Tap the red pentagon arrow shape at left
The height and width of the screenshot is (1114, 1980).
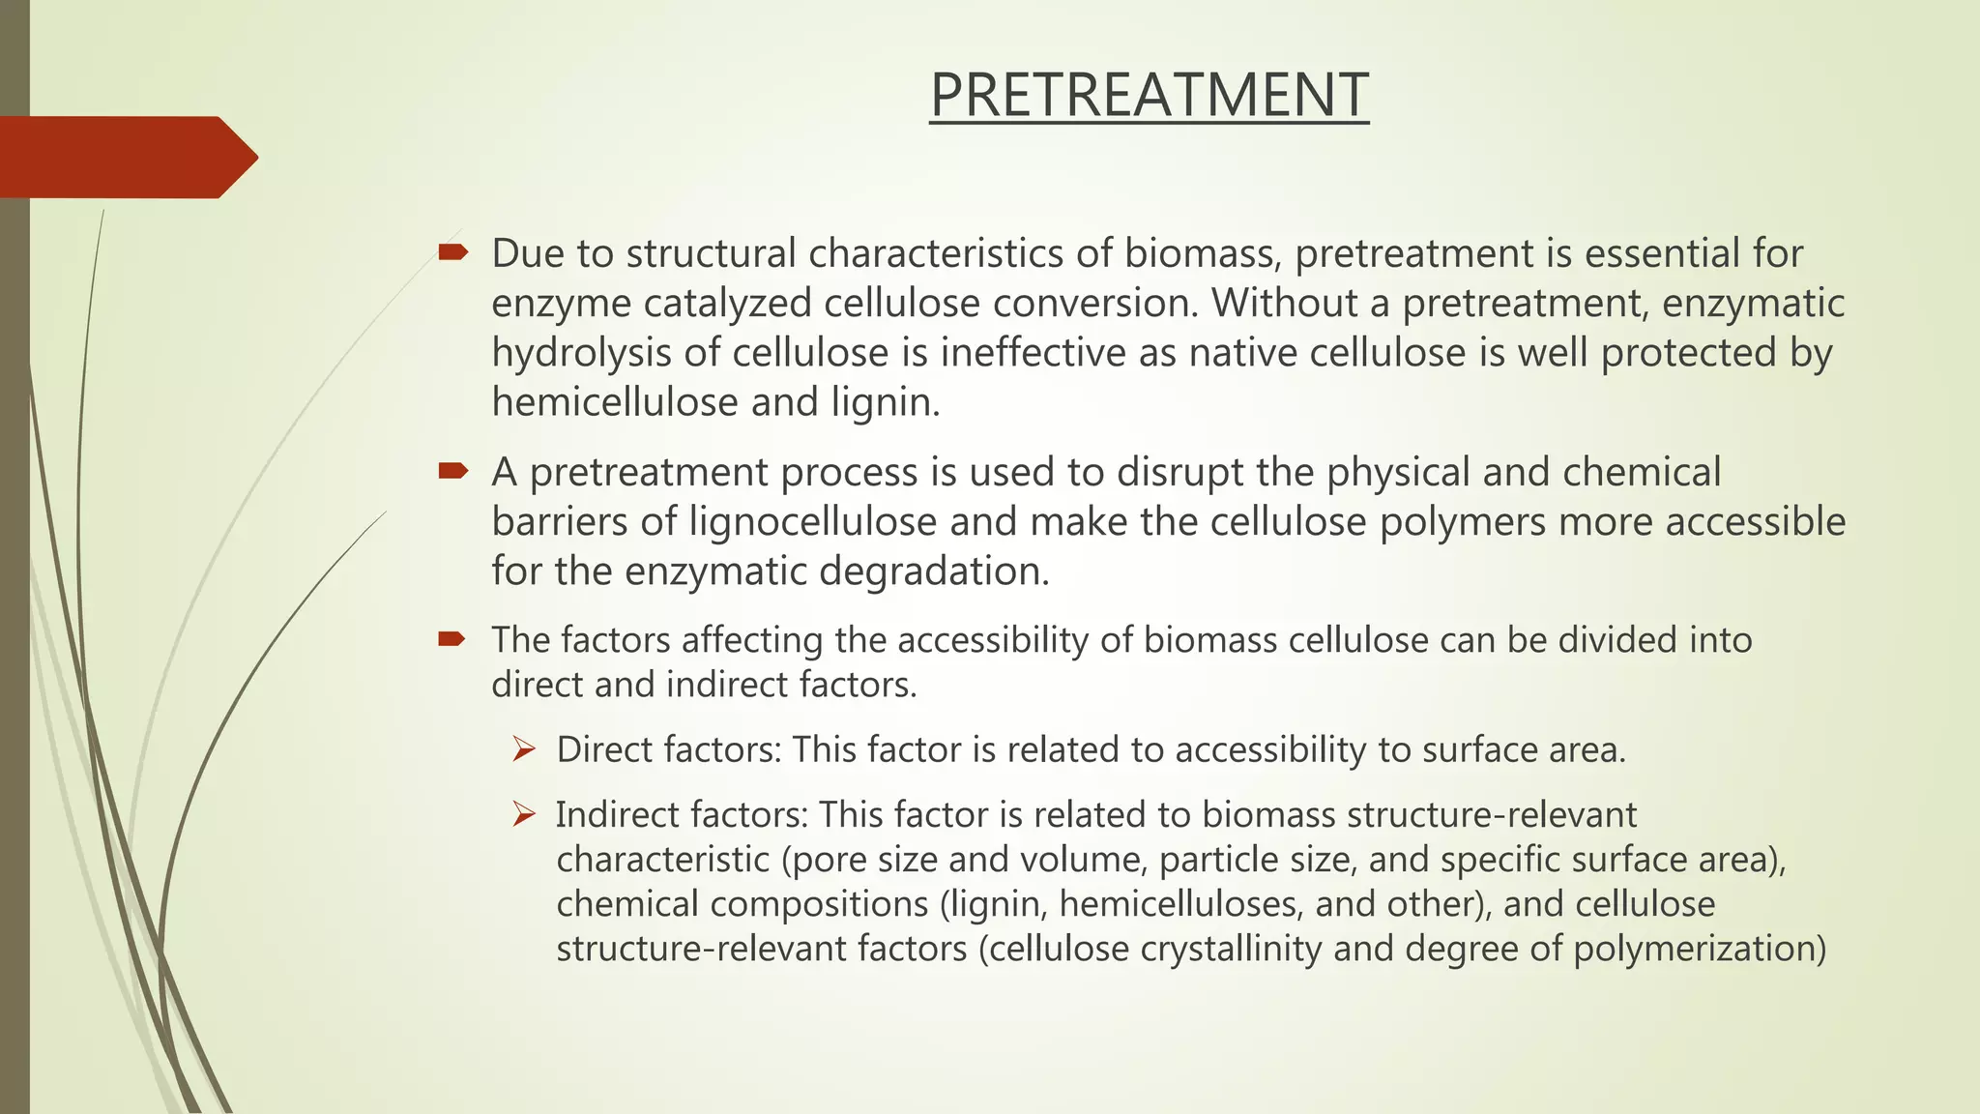126,157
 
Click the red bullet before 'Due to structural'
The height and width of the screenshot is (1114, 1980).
452,253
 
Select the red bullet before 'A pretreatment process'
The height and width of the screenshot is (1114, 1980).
452,472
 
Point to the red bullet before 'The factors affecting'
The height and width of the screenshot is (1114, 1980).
452,638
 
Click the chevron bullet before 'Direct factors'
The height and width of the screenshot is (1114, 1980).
524,749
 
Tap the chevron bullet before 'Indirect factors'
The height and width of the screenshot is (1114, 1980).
524,814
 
